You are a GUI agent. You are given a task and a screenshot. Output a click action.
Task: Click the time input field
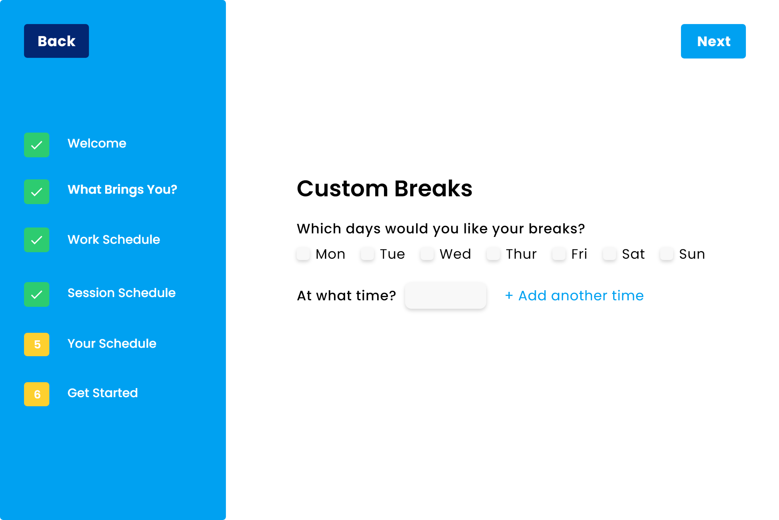coord(445,295)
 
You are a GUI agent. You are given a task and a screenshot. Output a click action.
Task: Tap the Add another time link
coord(574,295)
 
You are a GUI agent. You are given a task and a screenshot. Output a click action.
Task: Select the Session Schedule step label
coord(122,293)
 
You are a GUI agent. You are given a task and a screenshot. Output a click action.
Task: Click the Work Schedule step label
coord(114,239)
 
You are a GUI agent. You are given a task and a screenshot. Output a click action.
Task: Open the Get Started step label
coord(103,393)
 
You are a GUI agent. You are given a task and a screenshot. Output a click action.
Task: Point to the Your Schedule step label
coord(112,344)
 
